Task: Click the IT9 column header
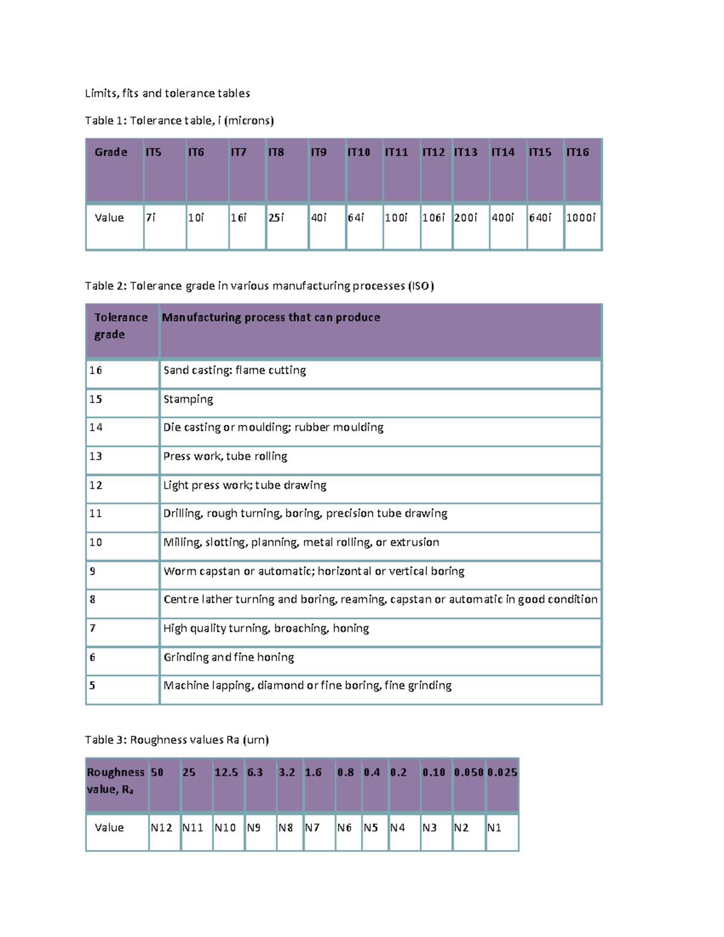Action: (x=319, y=153)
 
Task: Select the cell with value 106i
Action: (x=433, y=218)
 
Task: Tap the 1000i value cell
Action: (x=581, y=218)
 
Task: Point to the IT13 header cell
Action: (x=466, y=153)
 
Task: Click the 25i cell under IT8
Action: (x=276, y=218)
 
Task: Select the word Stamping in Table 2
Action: (x=188, y=399)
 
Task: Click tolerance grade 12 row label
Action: (x=96, y=486)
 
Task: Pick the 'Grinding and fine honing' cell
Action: (x=229, y=658)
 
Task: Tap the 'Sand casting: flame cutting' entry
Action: (x=235, y=370)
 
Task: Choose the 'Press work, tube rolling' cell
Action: (x=225, y=457)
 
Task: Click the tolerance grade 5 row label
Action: (x=92, y=686)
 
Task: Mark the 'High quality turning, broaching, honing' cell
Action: (x=266, y=629)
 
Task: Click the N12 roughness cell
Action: (x=162, y=828)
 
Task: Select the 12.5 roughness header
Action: (x=226, y=773)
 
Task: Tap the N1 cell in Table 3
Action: (x=494, y=828)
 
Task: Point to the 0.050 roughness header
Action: (x=469, y=773)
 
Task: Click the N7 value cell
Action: (x=312, y=828)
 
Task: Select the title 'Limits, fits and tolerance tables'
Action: (x=167, y=94)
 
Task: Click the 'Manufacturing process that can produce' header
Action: (x=271, y=318)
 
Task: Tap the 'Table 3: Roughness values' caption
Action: (x=177, y=740)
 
